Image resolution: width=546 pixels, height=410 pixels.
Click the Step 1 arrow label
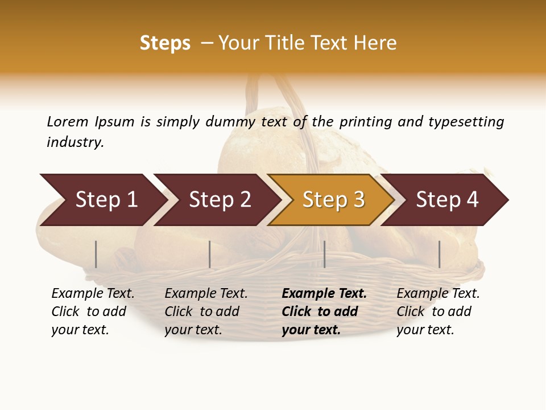click(106, 200)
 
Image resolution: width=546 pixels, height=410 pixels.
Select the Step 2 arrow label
click(220, 200)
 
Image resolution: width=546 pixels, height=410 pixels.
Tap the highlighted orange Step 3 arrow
click(333, 200)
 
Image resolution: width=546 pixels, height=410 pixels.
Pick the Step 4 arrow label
click(447, 200)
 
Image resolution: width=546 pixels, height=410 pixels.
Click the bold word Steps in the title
click(165, 43)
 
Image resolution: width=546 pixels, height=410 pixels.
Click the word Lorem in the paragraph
click(67, 121)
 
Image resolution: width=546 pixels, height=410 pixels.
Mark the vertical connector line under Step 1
click(96, 254)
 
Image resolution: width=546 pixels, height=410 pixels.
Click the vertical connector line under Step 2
click(210, 254)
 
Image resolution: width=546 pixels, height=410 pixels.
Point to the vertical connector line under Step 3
click(324, 254)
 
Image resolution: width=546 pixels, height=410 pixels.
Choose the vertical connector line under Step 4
click(439, 254)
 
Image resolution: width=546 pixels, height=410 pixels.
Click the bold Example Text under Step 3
click(324, 294)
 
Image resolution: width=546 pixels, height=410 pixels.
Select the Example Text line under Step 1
click(93, 294)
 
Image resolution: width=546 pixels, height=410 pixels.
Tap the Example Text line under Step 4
click(438, 294)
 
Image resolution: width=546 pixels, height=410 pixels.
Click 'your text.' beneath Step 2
click(193, 330)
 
